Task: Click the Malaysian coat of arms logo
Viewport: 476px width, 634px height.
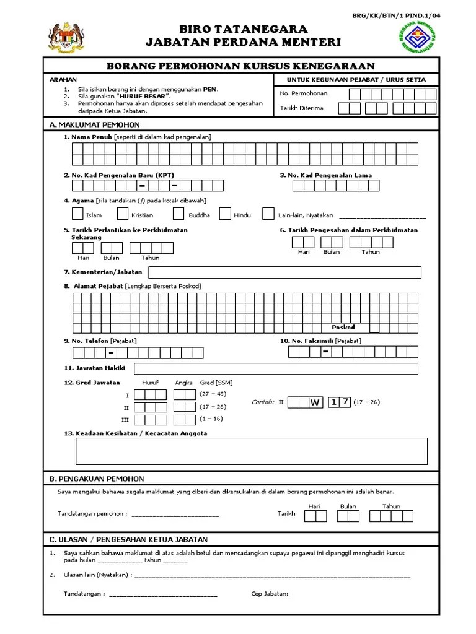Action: coord(65,39)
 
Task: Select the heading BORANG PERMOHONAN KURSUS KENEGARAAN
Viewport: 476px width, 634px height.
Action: coord(240,66)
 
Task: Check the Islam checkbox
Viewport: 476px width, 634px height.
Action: coord(77,214)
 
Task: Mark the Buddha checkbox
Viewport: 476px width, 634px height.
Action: coord(178,214)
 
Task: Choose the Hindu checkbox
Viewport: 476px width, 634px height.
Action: coord(226,214)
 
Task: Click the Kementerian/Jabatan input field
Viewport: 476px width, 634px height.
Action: coord(284,272)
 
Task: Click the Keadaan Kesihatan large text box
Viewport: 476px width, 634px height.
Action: coord(251,451)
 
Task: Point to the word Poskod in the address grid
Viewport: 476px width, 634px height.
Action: coord(343,328)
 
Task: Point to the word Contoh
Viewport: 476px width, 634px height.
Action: coord(263,402)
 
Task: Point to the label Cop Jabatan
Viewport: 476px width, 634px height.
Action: coord(270,594)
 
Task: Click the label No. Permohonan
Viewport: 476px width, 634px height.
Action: coord(304,93)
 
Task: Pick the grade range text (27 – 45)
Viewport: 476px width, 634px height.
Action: coord(213,394)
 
